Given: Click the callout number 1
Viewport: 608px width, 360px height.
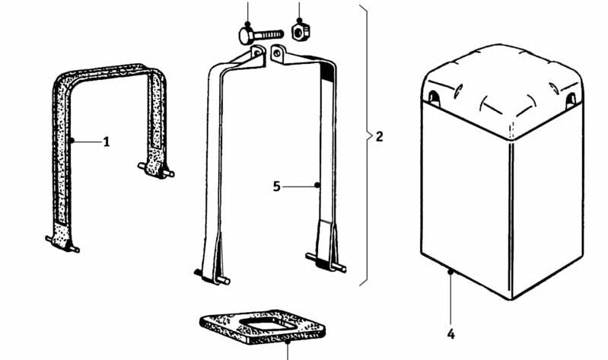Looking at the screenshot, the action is point(107,142).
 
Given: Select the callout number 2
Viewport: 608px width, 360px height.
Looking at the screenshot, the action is point(379,136).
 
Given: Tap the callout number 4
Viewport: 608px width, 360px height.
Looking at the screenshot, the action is point(450,334).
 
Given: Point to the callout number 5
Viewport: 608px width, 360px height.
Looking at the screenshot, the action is point(276,186).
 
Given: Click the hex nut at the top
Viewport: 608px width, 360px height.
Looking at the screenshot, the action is point(300,31).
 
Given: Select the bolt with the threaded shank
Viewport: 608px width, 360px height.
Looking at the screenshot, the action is point(261,36).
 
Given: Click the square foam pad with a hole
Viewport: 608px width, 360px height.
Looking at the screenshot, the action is point(263,327).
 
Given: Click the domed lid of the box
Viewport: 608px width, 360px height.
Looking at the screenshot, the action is point(502,91).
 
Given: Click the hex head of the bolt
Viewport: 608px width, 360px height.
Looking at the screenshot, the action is point(247,36).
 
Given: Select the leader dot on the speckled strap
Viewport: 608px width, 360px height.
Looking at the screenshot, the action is point(72,141).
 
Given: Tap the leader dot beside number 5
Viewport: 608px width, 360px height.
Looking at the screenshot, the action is point(317,186).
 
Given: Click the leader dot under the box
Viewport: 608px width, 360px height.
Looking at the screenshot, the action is point(450,272).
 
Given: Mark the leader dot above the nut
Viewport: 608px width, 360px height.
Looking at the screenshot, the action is point(299,21).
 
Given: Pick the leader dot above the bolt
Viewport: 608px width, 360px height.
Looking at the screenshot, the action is point(248,24).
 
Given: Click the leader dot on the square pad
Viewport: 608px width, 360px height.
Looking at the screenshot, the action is point(288,342).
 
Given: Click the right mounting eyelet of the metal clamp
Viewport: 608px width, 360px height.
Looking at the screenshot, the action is point(277,53).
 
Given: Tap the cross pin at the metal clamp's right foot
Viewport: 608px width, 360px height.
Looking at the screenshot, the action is point(326,263).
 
